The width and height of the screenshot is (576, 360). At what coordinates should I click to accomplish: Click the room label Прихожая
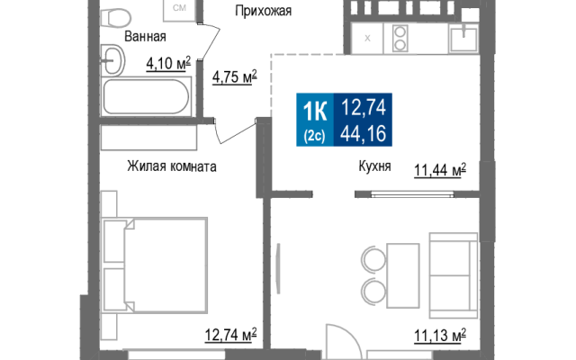264,11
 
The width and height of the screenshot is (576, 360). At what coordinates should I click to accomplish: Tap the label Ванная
145,37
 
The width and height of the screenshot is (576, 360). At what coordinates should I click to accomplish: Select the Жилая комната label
172,166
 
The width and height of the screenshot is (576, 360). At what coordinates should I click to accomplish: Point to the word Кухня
374,166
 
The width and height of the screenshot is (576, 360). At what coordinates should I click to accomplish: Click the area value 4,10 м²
168,64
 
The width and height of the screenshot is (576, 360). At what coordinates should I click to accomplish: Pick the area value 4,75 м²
235,77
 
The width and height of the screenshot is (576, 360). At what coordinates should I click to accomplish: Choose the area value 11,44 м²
440,170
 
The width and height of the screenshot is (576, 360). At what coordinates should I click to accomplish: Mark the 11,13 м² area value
440,336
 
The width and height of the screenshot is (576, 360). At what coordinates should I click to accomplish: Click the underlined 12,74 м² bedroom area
230,335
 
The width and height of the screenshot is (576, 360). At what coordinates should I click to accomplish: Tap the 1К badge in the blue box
315,112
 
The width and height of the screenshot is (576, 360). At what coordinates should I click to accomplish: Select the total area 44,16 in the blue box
364,133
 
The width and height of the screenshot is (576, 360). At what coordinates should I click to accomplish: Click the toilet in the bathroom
115,16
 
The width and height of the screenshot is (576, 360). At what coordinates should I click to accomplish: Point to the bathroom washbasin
112,60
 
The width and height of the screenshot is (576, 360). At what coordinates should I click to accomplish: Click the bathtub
146,97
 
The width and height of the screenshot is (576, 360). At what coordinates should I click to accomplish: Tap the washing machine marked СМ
179,9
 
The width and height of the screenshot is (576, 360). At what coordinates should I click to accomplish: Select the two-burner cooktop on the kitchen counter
400,38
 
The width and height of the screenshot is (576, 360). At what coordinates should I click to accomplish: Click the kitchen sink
463,39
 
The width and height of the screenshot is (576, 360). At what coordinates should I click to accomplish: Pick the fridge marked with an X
367,38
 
